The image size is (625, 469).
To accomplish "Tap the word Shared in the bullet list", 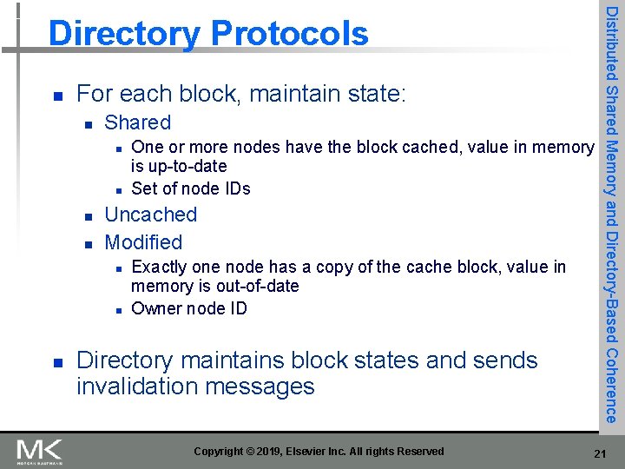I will (137, 122).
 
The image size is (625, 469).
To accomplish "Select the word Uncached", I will (150, 215).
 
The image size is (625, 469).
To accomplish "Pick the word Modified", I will (143, 242).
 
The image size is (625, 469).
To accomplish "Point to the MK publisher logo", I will (40, 451).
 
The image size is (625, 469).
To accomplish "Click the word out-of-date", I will (255, 286).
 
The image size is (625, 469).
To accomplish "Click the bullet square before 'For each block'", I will (56, 94).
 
